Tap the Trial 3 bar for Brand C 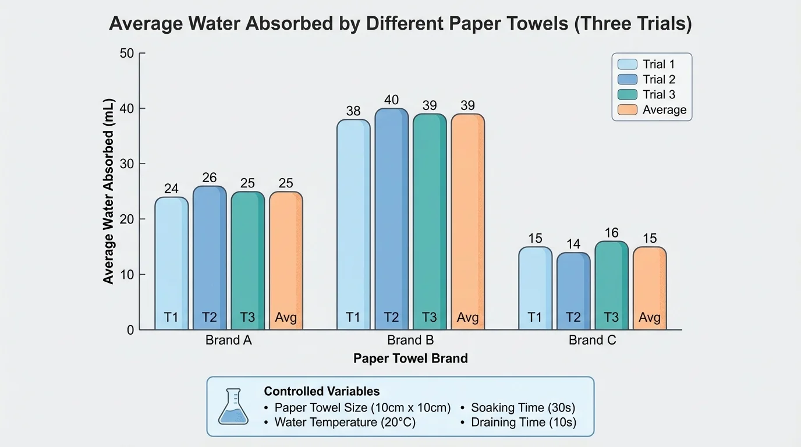pos(611,285)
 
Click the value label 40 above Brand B pos(391,100)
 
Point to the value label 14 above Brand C pos(573,244)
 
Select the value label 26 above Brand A pos(210,178)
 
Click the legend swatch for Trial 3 pos(627,95)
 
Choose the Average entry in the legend pos(664,110)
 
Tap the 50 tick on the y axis pos(127,54)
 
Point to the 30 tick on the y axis pos(127,164)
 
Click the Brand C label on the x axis pos(592,340)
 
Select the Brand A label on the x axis pos(229,340)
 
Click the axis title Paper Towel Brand pos(410,359)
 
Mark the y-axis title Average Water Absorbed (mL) pos(109,191)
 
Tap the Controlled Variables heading pos(322,391)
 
